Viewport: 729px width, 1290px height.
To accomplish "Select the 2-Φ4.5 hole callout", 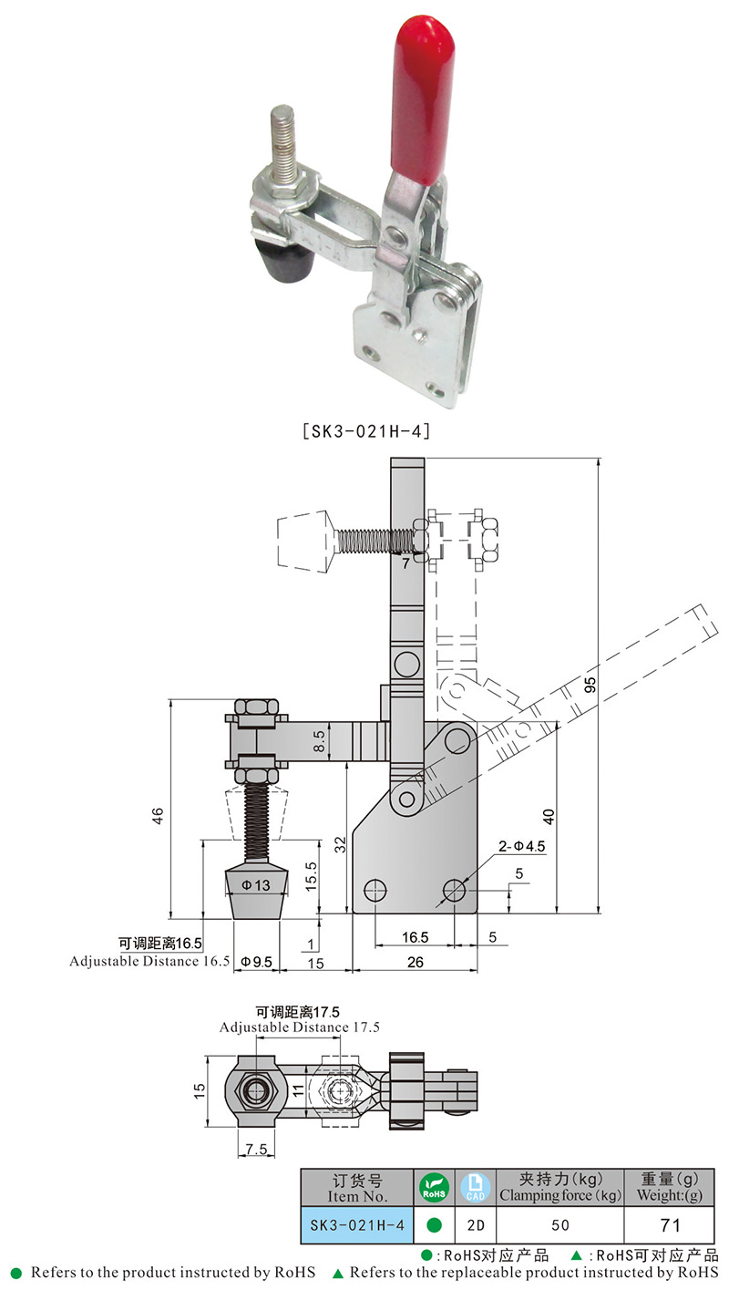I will click(x=522, y=846).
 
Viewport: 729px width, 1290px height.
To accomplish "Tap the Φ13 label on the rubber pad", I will click(x=256, y=884).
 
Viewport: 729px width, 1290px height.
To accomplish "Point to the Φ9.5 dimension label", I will click(x=256, y=962).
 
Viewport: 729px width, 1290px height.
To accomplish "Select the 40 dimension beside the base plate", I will click(x=546, y=815).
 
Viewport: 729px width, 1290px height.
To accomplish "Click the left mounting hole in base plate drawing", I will click(x=374, y=890).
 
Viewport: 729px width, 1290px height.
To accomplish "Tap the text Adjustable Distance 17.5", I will click(x=299, y=1027).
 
